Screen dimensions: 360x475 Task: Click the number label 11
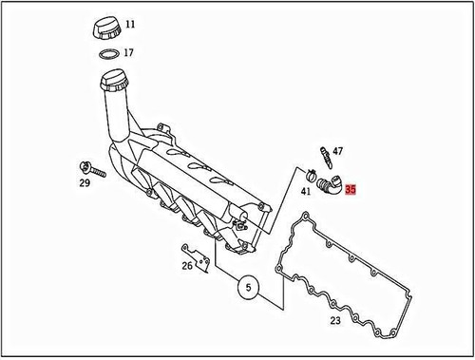pyautogui.click(x=130, y=23)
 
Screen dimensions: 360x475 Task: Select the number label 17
pyautogui.click(x=128, y=52)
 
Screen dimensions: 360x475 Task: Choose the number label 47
pyautogui.click(x=337, y=152)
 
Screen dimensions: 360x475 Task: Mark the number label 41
pyautogui.click(x=306, y=191)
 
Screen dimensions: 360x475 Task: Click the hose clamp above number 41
pyautogui.click(x=309, y=174)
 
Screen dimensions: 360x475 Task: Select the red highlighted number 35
pyautogui.click(x=351, y=190)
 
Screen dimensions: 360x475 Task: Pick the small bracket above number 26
pyautogui.click(x=194, y=257)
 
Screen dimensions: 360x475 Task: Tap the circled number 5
pyautogui.click(x=246, y=286)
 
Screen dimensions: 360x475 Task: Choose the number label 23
pyautogui.click(x=335, y=321)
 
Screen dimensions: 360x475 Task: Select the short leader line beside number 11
pyautogui.click(x=119, y=24)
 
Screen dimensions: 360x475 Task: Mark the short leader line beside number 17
pyautogui.click(x=121, y=53)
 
